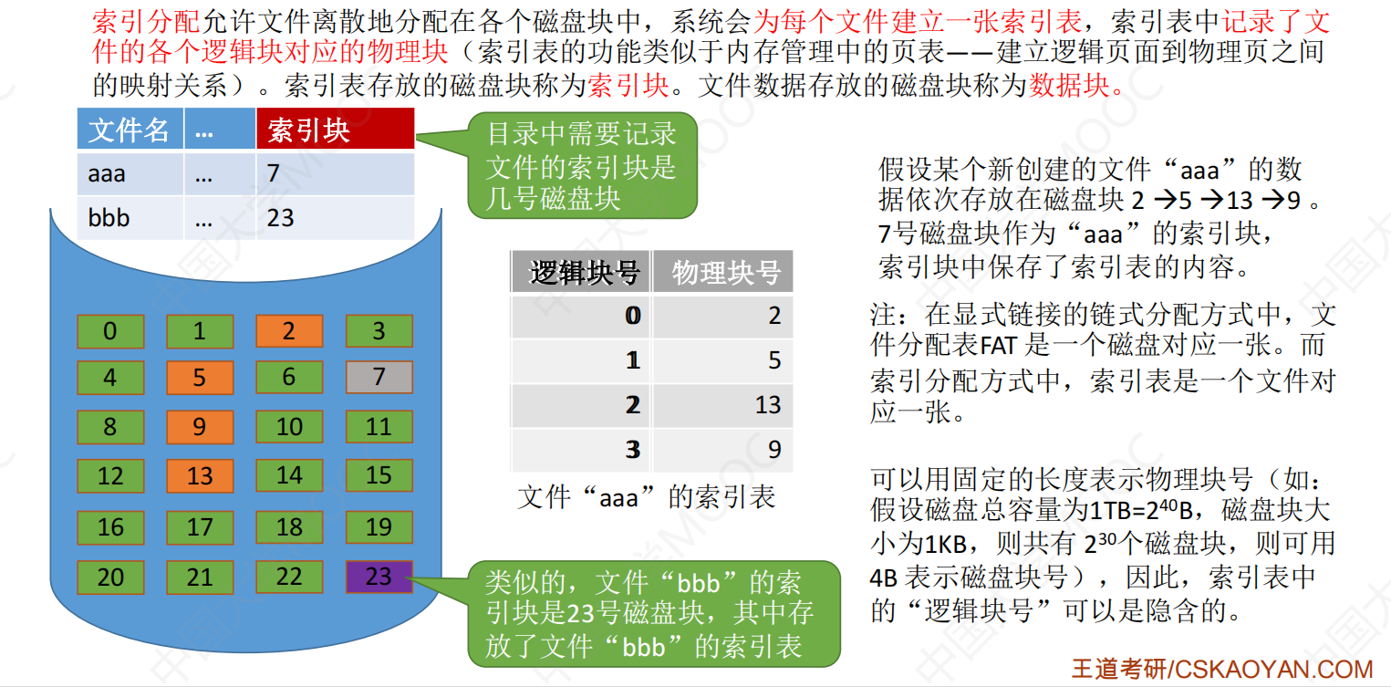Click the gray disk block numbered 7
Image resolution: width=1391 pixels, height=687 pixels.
coord(379,377)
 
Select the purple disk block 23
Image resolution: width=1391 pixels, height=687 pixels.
coord(379,577)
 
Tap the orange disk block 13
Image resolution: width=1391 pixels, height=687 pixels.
coord(200,476)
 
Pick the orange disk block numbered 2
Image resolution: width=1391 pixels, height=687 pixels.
coord(289,331)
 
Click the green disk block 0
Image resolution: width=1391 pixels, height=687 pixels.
coord(110,331)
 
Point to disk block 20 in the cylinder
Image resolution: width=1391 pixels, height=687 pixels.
coord(110,577)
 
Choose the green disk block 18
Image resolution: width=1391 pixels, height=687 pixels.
coord(289,527)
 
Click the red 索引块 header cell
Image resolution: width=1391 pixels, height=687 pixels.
coord(336,130)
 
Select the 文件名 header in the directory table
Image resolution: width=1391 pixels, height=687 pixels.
coord(130,130)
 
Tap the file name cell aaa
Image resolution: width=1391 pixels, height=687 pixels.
coord(107,173)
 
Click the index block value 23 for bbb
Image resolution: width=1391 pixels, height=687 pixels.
coord(280,218)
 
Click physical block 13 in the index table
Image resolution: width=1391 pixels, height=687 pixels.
coord(768,405)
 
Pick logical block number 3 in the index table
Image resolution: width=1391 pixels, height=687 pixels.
coord(633,450)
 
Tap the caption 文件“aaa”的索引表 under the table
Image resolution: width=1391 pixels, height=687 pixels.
coord(647,497)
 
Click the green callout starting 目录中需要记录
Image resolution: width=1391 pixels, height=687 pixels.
coord(583,165)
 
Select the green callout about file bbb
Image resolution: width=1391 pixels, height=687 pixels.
coord(654,614)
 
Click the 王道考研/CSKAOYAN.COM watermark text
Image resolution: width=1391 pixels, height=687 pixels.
coord(1222,669)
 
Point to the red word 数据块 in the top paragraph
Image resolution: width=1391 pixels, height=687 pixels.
coord(1069,85)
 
